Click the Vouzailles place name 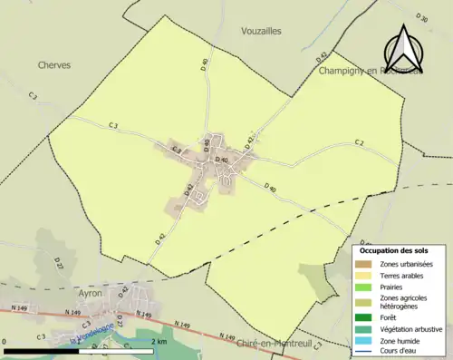point(262,31)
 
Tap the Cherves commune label point(54,65)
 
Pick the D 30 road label point(422,17)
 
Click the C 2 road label point(359,142)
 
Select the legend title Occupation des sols point(395,249)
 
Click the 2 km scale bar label point(159,341)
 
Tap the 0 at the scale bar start point(5,341)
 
